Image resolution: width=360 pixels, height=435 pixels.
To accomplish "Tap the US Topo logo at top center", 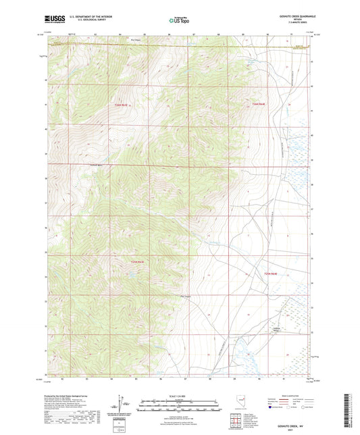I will pos(179,21).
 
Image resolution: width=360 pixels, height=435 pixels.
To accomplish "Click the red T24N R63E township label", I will pos(121,105).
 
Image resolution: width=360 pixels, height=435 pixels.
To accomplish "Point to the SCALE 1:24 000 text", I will pos(179,395).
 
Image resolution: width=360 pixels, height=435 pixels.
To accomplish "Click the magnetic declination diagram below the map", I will pos(120,407).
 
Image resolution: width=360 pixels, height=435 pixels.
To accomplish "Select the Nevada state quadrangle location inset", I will pos(240,403).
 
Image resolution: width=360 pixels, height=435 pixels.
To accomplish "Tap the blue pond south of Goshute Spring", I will pos(236,348).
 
